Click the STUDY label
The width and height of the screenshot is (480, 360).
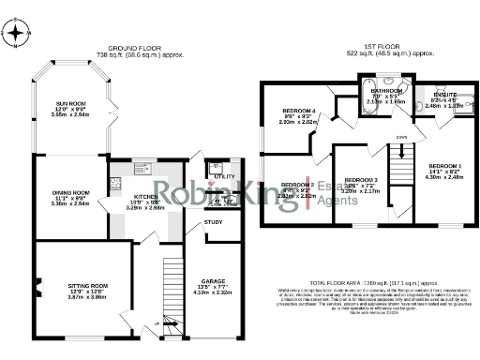[214, 222]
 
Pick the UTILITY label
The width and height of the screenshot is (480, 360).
[224, 176]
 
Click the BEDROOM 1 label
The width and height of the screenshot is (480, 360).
[445, 165]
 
